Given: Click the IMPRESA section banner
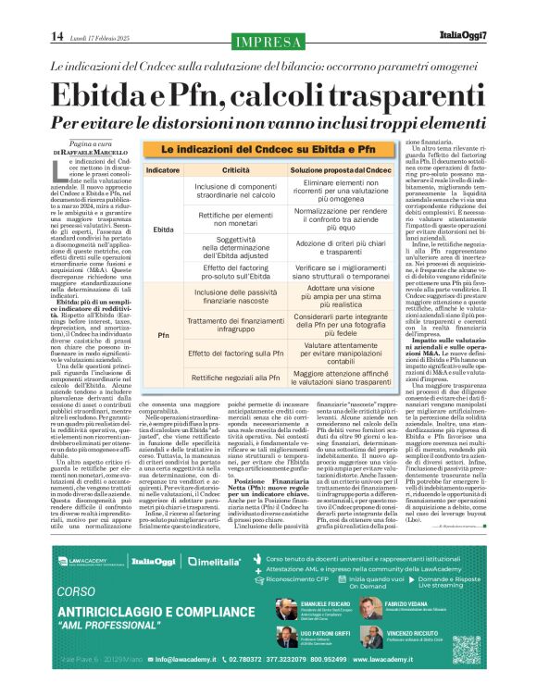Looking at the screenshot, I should pyautogui.click(x=269, y=41).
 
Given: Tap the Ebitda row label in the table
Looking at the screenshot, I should pyautogui.click(x=163, y=229).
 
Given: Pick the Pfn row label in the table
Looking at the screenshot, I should pyautogui.click(x=163, y=334).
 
